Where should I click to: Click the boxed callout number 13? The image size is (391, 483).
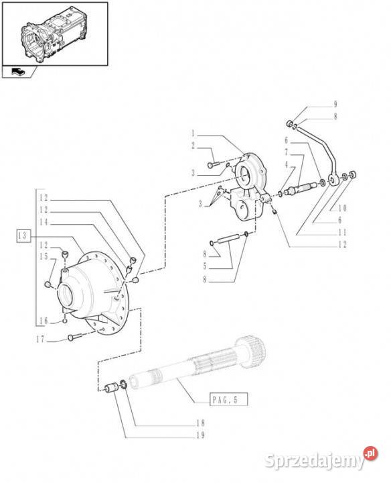tap(23, 236)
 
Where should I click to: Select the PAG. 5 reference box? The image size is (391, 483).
tap(228, 400)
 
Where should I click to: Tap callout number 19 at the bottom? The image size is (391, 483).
tap(200, 435)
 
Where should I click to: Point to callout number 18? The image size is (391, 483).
tap(200, 423)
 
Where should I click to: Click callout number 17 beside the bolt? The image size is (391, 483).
tap(41, 339)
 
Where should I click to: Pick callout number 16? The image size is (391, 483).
tap(44, 321)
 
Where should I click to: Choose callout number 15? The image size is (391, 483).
tap(44, 256)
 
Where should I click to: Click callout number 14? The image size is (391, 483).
tap(44, 222)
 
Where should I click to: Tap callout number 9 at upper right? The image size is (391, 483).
tap(335, 104)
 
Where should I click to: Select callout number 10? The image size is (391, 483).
tap(342, 209)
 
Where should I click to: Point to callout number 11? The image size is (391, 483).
tap(342, 232)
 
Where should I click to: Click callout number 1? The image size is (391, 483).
tap(193, 133)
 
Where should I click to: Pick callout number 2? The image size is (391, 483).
tap(193, 146)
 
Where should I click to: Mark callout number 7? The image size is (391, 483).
tap(286, 152)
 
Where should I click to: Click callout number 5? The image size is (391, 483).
tap(205, 266)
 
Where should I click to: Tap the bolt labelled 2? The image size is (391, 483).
tap(212, 165)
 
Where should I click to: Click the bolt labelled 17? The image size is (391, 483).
tap(74, 337)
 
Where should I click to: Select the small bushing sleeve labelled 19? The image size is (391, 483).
tap(111, 388)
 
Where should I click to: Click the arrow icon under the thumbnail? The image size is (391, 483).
tap(19, 72)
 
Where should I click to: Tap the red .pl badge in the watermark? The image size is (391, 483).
tap(370, 453)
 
